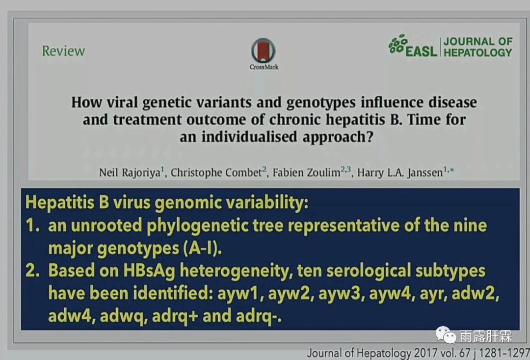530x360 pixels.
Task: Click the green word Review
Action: tap(63, 51)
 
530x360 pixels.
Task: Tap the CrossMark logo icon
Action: tap(264, 51)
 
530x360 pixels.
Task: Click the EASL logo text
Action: tap(421, 52)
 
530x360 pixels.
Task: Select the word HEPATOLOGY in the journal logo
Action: tap(478, 53)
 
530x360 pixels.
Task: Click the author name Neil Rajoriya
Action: tap(130, 172)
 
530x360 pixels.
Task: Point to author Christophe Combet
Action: tap(216, 172)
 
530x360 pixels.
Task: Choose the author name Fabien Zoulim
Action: tap(306, 172)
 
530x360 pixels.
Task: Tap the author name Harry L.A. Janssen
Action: tap(400, 172)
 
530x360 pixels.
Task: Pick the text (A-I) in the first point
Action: tap(203, 249)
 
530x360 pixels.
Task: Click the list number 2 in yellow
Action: tap(31, 271)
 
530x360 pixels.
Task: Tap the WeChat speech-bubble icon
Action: tap(446, 335)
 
